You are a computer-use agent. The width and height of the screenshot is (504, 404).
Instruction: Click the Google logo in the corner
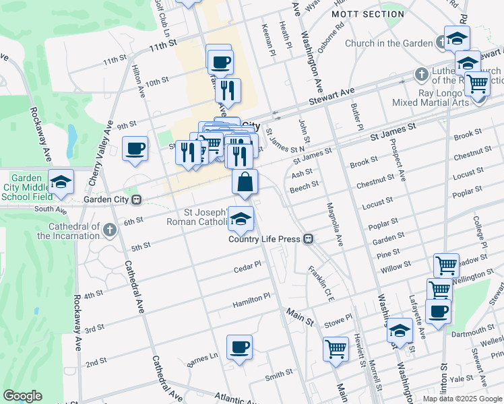(x=22, y=396)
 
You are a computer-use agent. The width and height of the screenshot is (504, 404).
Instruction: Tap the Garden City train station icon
(x=136, y=199)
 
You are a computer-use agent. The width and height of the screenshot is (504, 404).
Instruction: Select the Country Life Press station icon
(x=308, y=238)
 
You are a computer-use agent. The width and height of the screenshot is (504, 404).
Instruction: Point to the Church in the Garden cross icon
(x=441, y=43)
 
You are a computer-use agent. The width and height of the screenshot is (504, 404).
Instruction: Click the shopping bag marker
(x=245, y=181)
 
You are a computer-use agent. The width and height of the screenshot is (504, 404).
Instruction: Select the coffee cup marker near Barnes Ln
(x=240, y=347)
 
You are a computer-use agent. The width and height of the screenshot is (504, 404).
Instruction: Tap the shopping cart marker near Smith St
(x=336, y=349)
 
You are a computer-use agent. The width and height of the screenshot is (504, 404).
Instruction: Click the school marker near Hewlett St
(x=400, y=331)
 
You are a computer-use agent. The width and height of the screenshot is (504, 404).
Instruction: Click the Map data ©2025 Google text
(x=462, y=398)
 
